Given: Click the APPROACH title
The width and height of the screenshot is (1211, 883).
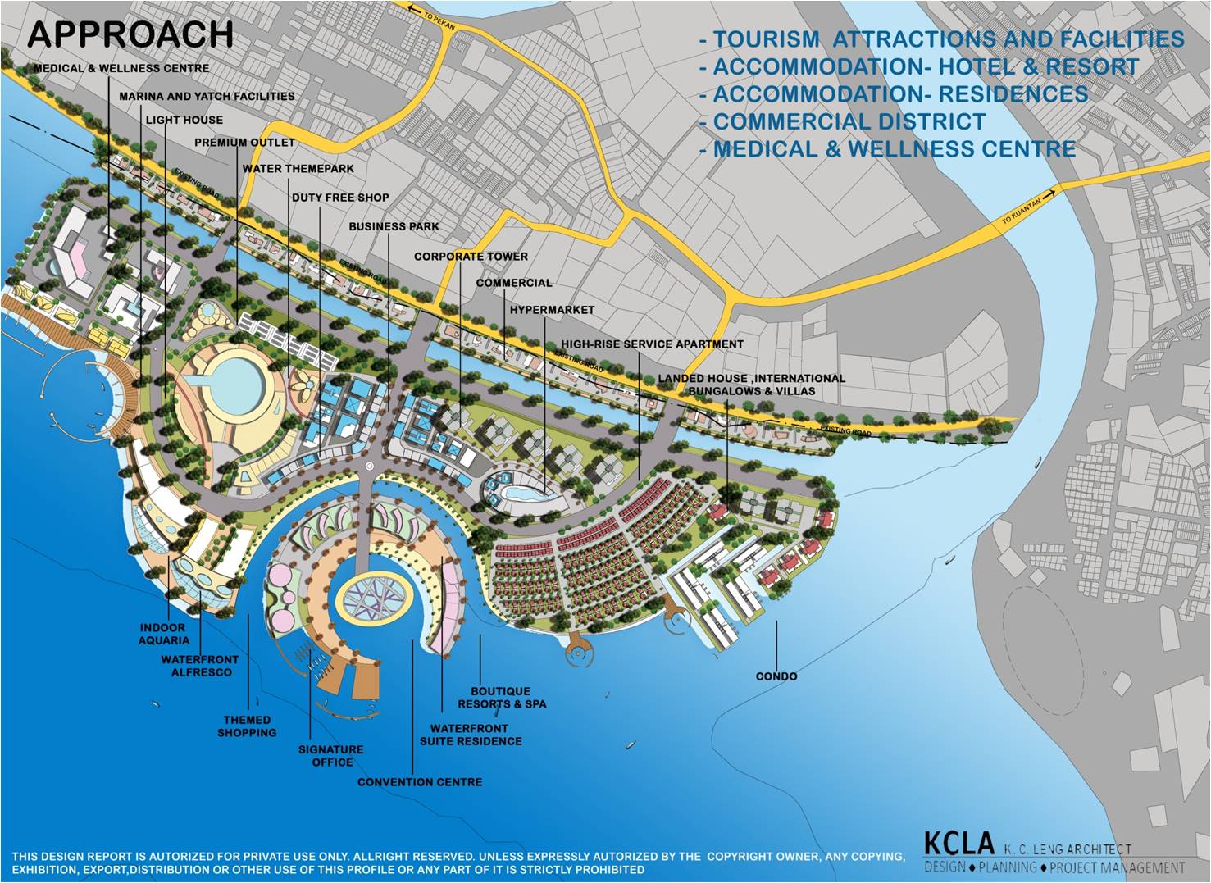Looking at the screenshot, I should click(x=130, y=34).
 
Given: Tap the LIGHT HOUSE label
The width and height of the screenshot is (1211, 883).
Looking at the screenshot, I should click(x=184, y=120).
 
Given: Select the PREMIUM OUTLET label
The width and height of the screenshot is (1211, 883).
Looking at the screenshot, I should click(x=244, y=143).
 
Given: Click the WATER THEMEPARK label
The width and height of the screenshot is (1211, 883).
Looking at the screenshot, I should click(x=298, y=169).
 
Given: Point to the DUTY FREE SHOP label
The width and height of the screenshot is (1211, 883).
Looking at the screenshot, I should click(x=340, y=198).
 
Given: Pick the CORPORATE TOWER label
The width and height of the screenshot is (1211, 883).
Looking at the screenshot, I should click(x=471, y=257).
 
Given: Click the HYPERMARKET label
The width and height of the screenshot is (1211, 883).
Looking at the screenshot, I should click(x=552, y=311).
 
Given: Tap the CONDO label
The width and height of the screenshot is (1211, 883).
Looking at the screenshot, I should click(x=776, y=676).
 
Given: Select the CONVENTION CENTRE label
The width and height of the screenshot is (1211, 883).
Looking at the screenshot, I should click(x=419, y=782).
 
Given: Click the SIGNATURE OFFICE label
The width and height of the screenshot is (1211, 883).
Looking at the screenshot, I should click(x=331, y=756).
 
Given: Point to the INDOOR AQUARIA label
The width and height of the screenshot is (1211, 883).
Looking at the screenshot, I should click(x=164, y=634).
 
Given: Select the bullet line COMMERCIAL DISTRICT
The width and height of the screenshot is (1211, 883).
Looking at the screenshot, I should click(x=848, y=122).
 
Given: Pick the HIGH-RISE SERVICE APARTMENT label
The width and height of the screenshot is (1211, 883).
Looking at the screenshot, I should click(x=652, y=344).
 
